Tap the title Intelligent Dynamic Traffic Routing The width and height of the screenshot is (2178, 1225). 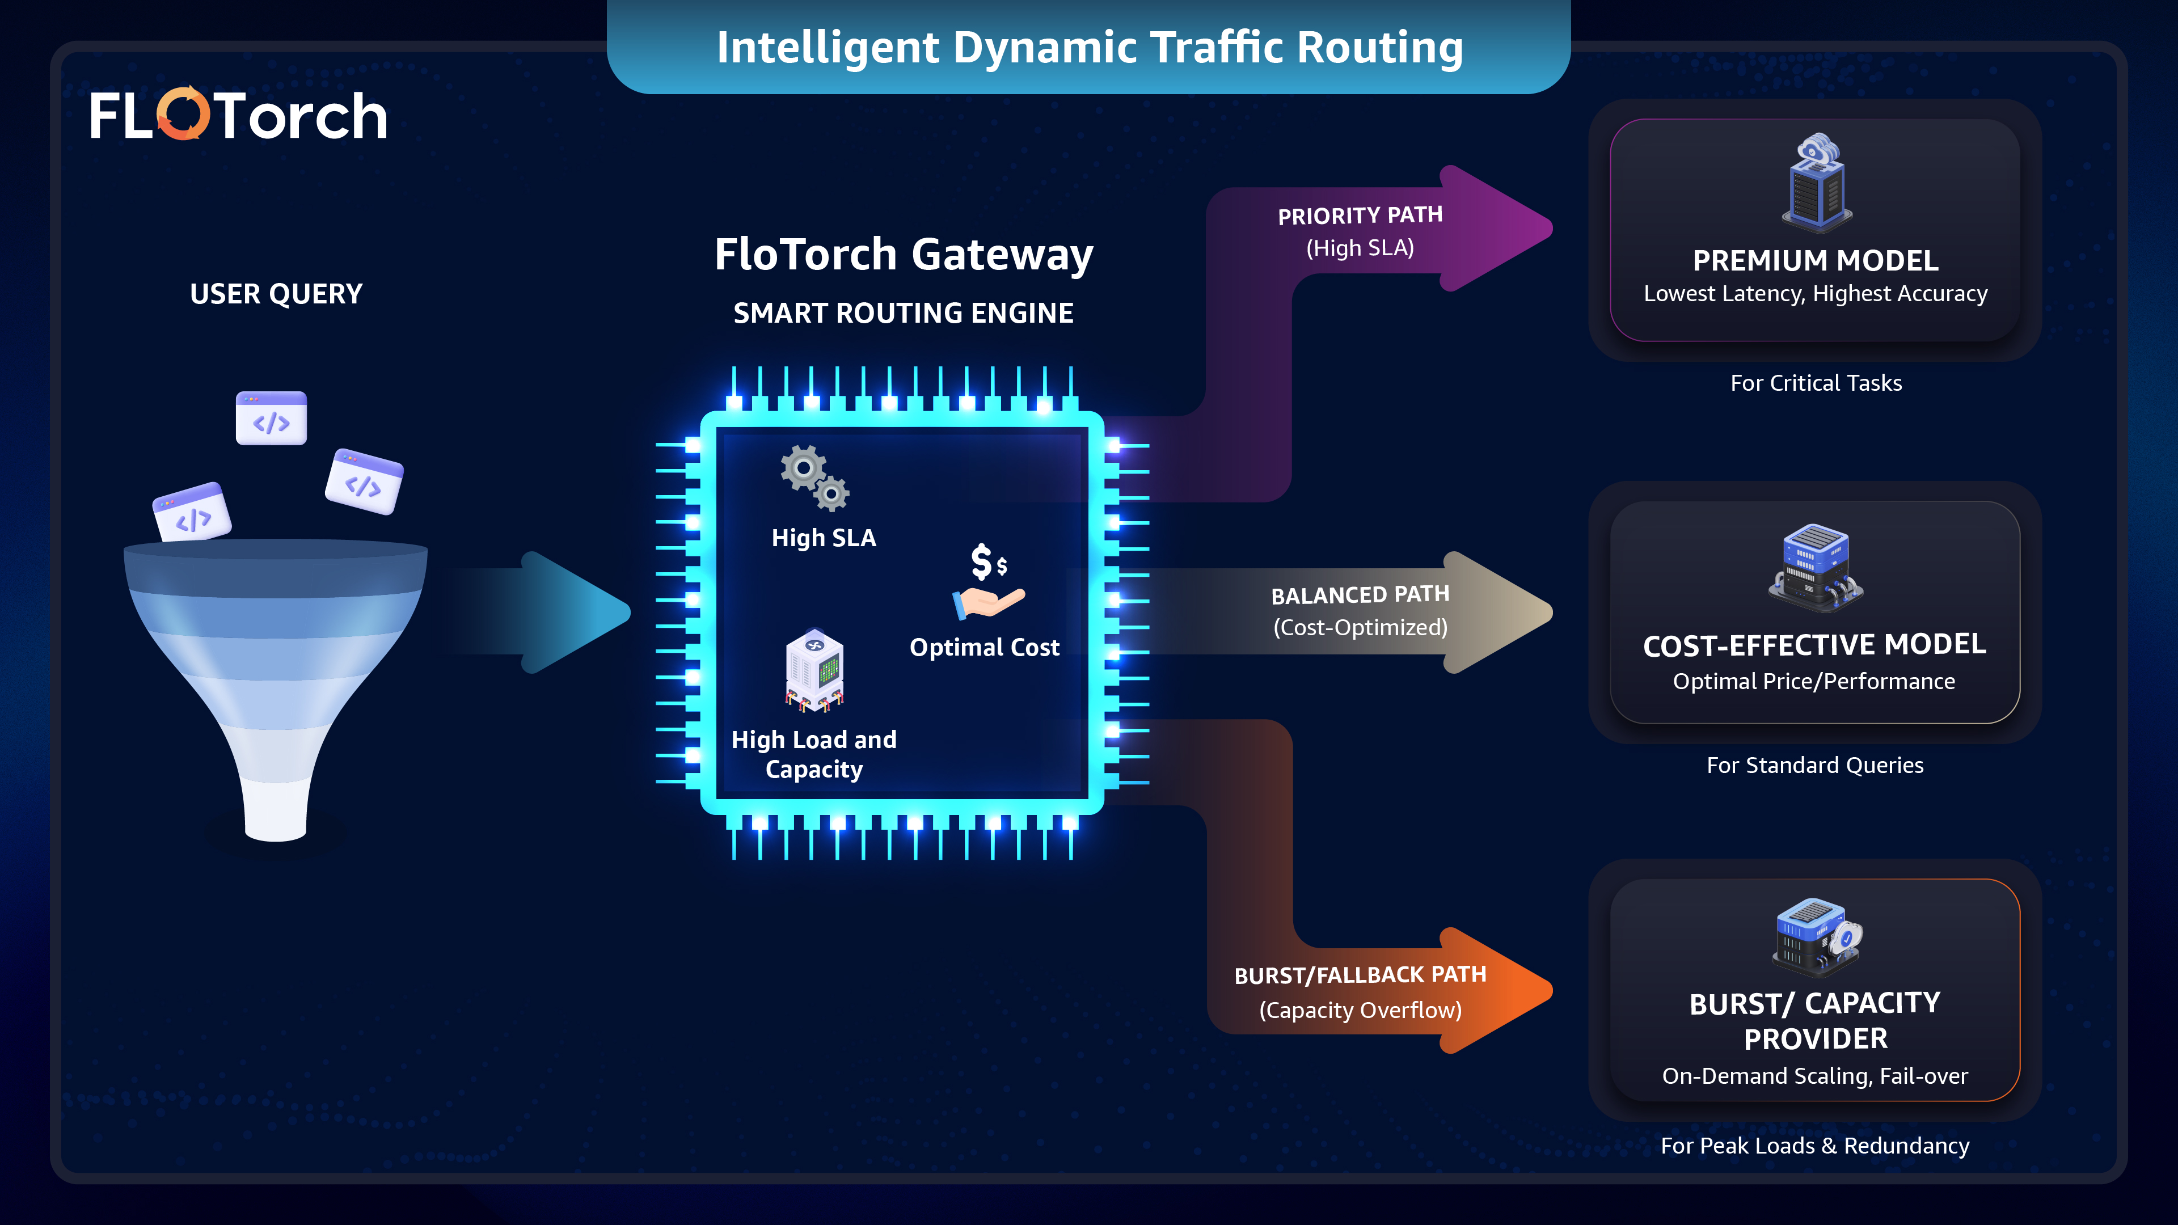[1089, 47]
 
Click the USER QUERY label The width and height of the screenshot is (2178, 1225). [276, 294]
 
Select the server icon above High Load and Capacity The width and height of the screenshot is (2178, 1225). [814, 670]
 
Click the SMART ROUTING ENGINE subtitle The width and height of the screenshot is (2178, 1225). [903, 314]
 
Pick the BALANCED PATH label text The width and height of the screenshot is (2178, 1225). [1360, 595]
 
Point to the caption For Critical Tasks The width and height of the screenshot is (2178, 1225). [1815, 383]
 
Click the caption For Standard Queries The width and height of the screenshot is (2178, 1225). [1814, 765]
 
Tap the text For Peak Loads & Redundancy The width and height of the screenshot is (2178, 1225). [1814, 1146]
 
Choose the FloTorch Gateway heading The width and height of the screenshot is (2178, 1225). [903, 255]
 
